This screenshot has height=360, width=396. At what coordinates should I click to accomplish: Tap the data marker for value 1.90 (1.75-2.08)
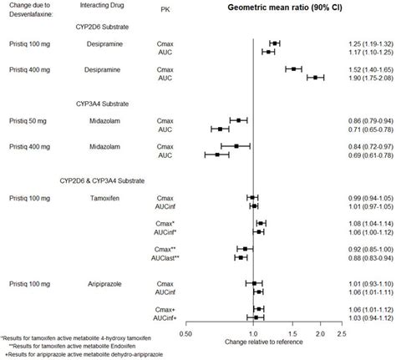click(x=316, y=77)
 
